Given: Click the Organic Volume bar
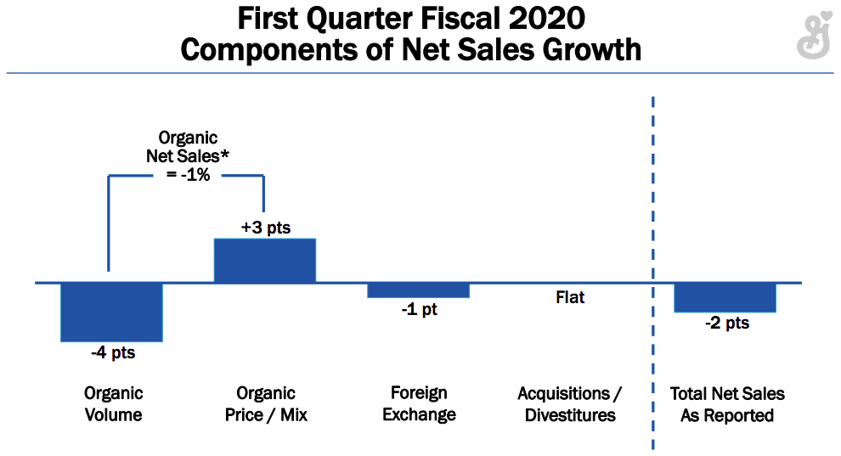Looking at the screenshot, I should pyautogui.click(x=111, y=312).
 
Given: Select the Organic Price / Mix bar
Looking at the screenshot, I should pyautogui.click(x=264, y=261).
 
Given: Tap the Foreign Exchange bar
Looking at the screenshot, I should pyautogui.click(x=418, y=290).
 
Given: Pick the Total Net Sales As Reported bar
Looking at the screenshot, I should pyautogui.click(x=725, y=298).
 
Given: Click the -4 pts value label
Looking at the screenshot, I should pyautogui.click(x=113, y=353).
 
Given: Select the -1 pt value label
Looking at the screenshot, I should pyautogui.click(x=419, y=310).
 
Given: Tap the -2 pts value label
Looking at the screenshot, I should pyautogui.click(x=727, y=324).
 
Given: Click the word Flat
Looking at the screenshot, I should pyautogui.click(x=570, y=298).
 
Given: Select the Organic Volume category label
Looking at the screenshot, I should pyautogui.click(x=113, y=404).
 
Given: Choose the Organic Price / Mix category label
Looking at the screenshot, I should pyautogui.click(x=266, y=404).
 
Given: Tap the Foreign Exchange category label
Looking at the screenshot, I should pyautogui.click(x=419, y=404).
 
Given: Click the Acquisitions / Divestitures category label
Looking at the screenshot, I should pyautogui.click(x=570, y=404).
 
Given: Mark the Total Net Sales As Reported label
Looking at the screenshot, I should pyautogui.click(x=727, y=404).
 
